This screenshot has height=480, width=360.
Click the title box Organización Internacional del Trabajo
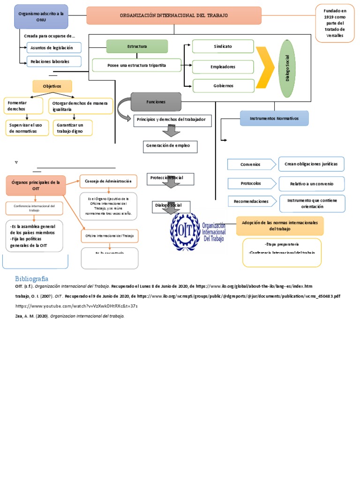pyautogui.click(x=174, y=15)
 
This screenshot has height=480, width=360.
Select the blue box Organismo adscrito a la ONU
pyautogui.click(x=41, y=17)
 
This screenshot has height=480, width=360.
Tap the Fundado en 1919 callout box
pyautogui.click(x=334, y=23)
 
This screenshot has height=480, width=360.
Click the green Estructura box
pyautogui.click(x=137, y=46)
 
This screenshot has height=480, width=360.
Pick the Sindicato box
pyautogui.click(x=223, y=46)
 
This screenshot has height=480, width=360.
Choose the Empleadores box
pyautogui.click(x=223, y=67)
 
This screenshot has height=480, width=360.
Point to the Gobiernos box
pyautogui.click(x=223, y=86)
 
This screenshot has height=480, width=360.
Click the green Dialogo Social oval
pyautogui.click(x=287, y=68)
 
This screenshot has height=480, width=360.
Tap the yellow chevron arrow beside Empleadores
pyautogui.click(x=266, y=67)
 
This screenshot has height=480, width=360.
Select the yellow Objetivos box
pyautogui.click(x=52, y=86)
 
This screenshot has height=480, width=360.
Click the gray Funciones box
pyautogui.click(x=156, y=101)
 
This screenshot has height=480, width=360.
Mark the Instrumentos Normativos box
pyautogui.click(x=274, y=118)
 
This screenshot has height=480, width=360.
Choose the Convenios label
pyautogui.click(x=251, y=165)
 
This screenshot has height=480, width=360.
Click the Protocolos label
pyautogui.click(x=251, y=183)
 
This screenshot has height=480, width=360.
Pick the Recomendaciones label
pyautogui.click(x=251, y=201)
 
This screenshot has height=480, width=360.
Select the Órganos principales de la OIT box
pyautogui.click(x=36, y=185)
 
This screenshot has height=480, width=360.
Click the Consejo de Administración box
pyautogui.click(x=109, y=181)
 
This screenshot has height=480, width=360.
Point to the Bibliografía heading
pyautogui.click(x=31, y=278)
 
